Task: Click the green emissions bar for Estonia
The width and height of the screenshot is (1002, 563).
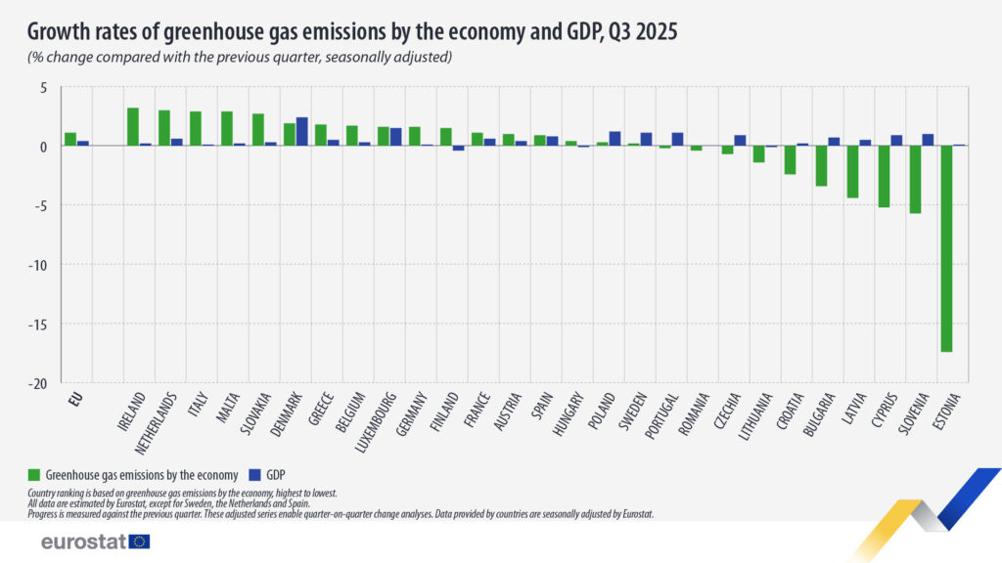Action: (946, 248)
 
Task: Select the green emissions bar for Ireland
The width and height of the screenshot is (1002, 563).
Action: (133, 127)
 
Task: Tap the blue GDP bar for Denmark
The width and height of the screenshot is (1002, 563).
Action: (301, 132)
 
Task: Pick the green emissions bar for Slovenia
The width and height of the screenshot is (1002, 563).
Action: (915, 179)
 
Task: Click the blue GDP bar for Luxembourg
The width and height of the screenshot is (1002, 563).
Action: (395, 137)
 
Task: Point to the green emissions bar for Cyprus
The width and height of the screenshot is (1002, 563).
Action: (884, 176)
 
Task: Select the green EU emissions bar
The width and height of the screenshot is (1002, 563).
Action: (70, 139)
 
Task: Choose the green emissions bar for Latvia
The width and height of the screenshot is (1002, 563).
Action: (852, 171)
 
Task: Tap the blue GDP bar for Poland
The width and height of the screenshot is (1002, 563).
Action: (615, 139)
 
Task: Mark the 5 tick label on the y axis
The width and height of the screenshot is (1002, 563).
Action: (42, 87)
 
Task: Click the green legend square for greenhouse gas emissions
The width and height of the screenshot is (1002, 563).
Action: (35, 474)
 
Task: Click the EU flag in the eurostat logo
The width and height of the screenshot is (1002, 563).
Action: (140, 541)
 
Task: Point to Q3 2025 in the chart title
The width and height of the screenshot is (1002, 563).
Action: (636, 32)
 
